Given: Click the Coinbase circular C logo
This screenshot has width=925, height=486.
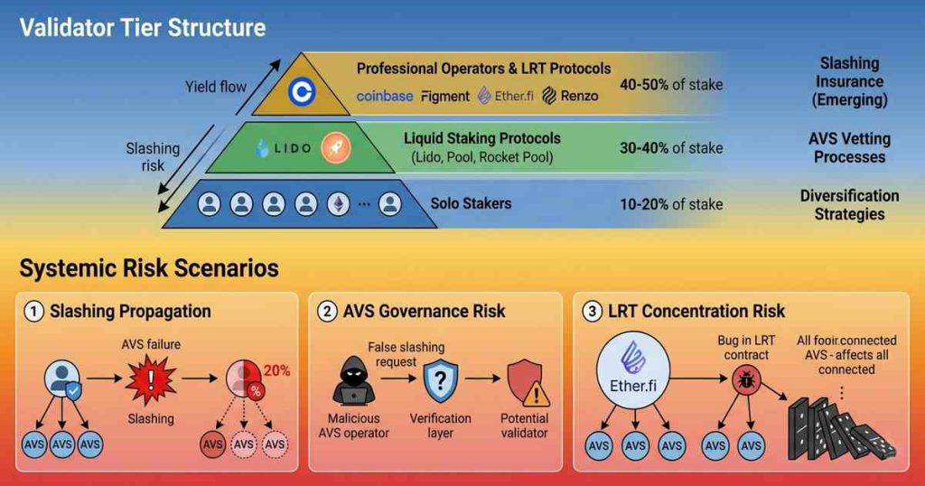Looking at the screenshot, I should (x=299, y=92).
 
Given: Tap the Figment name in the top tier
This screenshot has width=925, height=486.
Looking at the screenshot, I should (x=445, y=96).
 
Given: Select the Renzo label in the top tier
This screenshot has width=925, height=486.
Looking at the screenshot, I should (x=570, y=96).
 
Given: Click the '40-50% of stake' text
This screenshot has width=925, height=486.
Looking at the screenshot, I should (x=670, y=85).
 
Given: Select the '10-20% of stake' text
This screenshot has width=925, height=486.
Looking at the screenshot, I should (x=670, y=204).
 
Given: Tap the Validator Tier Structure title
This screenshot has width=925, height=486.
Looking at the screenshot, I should (x=143, y=27).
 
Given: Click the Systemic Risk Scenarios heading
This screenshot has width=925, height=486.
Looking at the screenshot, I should (x=149, y=268).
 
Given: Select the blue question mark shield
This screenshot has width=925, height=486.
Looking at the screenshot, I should (x=441, y=382).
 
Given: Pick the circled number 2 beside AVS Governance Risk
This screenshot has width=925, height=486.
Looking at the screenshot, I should (x=326, y=313).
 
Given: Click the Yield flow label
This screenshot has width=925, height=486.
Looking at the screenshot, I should (x=215, y=88).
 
